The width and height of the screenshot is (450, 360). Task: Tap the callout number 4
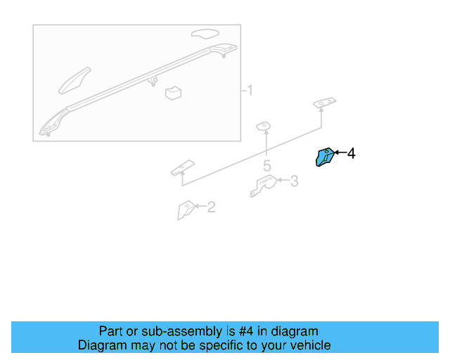(x=352, y=153)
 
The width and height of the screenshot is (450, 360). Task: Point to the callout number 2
(x=210, y=207)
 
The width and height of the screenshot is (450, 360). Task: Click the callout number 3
(x=294, y=181)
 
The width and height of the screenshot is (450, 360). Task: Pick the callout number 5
(x=267, y=166)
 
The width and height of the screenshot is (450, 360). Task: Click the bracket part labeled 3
(x=263, y=186)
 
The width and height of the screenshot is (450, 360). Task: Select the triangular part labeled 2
(x=186, y=210)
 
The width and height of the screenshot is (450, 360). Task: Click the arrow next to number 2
(x=199, y=207)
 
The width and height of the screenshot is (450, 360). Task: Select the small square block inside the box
(x=173, y=93)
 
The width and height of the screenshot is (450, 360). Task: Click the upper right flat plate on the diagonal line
(x=325, y=104)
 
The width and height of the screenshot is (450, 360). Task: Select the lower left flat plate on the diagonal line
(x=181, y=167)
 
